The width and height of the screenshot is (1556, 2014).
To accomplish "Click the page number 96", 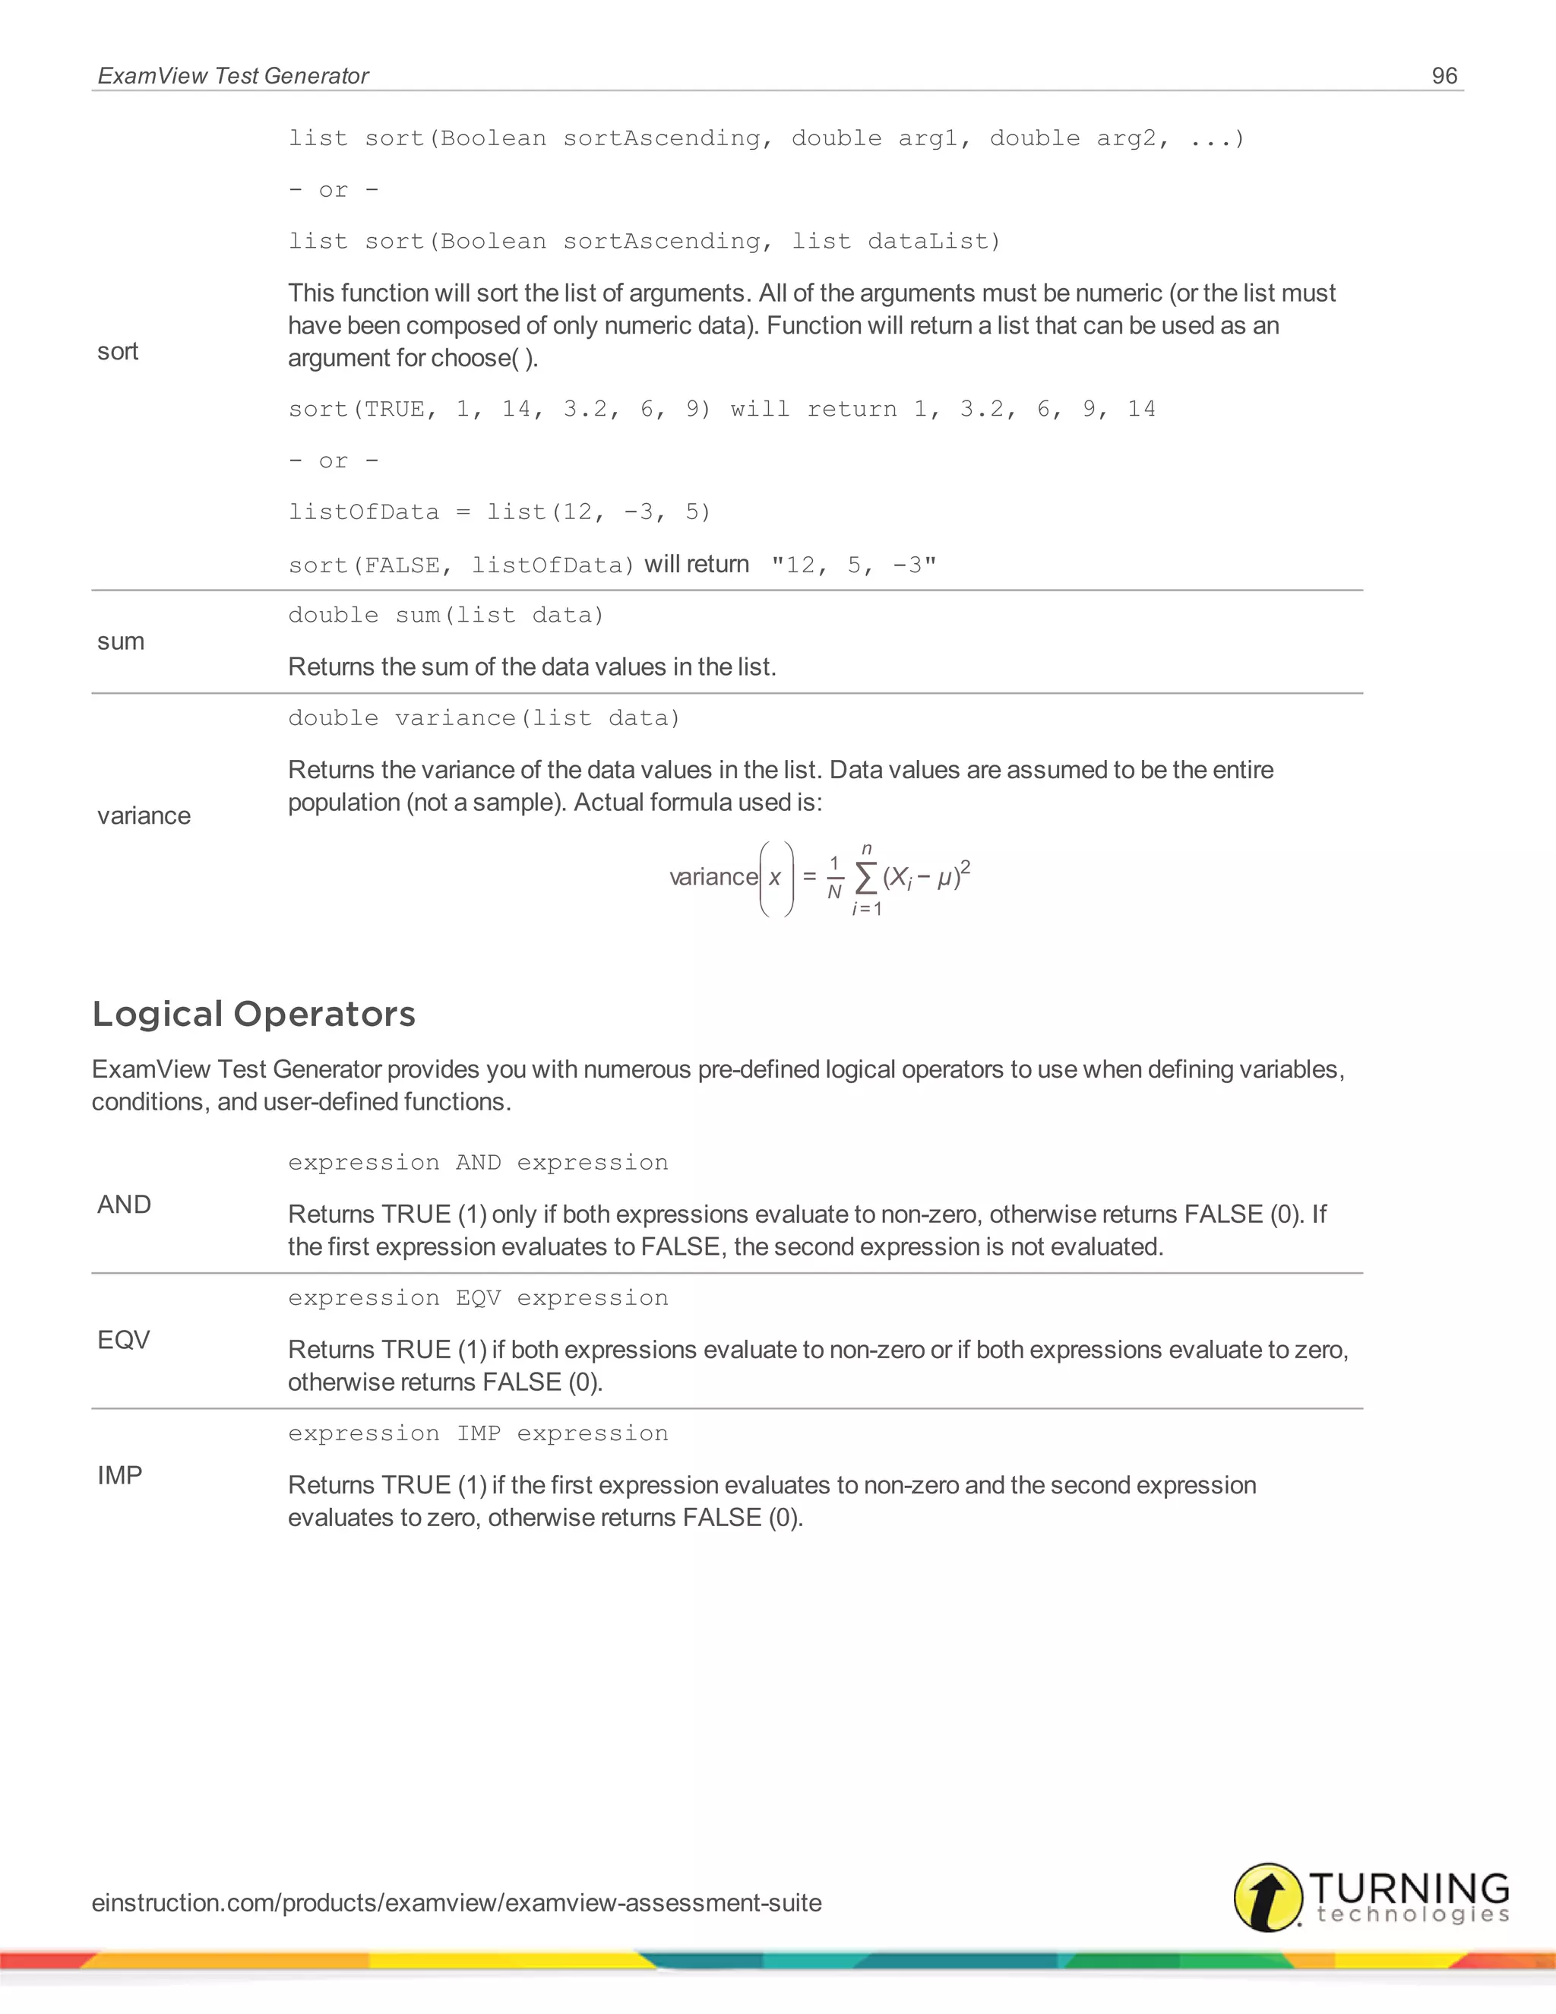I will point(1444,75).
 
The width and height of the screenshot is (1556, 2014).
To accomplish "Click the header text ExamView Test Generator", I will point(233,75).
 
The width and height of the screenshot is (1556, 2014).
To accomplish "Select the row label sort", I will point(118,351).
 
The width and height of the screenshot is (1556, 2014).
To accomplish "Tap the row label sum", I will point(121,641).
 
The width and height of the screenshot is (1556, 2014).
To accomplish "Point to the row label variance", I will point(144,815).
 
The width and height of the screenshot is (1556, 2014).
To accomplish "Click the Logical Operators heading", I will point(254,1013).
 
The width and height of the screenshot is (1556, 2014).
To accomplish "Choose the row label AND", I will point(125,1205).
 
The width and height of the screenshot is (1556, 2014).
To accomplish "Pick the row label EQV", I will point(124,1340).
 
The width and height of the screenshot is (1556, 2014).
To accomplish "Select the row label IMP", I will point(120,1475).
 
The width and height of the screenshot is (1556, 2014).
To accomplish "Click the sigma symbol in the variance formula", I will point(865,878).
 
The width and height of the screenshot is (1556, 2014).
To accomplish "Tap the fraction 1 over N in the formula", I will point(834,877).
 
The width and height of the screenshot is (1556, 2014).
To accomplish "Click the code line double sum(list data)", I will point(446,615).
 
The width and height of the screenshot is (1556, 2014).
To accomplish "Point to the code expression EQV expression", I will point(477,1297).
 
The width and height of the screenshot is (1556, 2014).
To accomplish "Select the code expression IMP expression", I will point(477,1433).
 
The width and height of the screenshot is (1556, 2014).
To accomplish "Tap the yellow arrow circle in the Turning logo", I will point(1268,1897).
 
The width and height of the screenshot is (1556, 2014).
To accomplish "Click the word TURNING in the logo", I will point(1409,1887).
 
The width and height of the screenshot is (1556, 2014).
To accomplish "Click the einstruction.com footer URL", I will point(457,1902).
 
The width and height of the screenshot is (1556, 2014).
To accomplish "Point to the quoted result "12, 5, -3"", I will point(853,565).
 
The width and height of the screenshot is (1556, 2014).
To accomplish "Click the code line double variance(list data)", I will point(484,718).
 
